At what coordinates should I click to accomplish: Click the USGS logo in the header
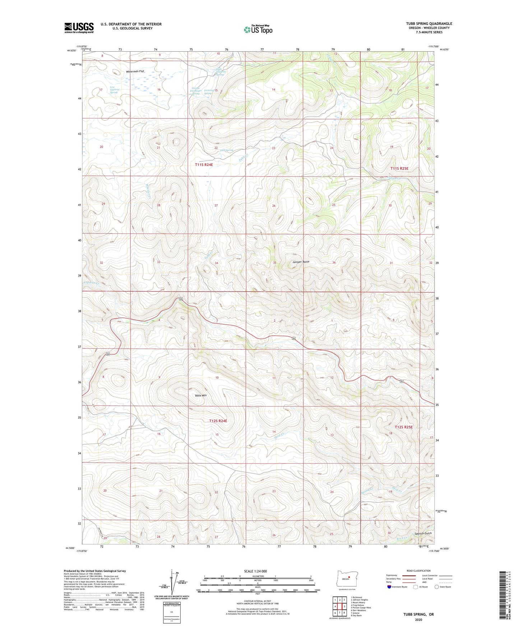(x=79, y=28)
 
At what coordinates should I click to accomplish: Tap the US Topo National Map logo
(x=258, y=29)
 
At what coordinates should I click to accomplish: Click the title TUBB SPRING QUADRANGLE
(x=429, y=24)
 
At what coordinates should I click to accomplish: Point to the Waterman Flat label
(x=135, y=71)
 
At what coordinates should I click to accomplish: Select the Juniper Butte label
(x=301, y=262)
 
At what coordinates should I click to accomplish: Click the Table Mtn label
(x=201, y=395)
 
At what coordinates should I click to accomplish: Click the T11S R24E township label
(x=204, y=165)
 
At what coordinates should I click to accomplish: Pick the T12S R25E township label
(x=404, y=427)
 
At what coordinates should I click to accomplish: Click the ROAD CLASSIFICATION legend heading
(x=418, y=571)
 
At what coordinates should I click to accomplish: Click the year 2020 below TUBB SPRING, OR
(x=418, y=619)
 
